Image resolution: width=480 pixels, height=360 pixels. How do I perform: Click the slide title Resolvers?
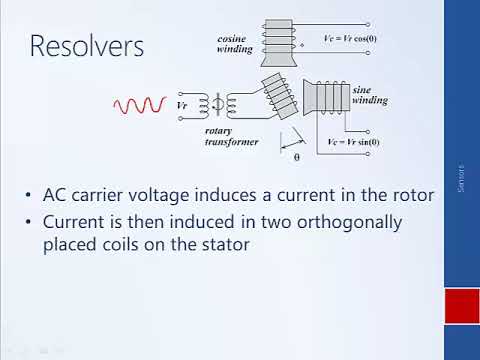point(86,46)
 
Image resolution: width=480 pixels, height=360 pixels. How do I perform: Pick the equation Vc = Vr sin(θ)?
point(353,142)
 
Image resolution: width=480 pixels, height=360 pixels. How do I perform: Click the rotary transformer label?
point(231,136)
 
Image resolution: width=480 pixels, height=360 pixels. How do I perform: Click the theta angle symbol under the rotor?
point(296,157)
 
